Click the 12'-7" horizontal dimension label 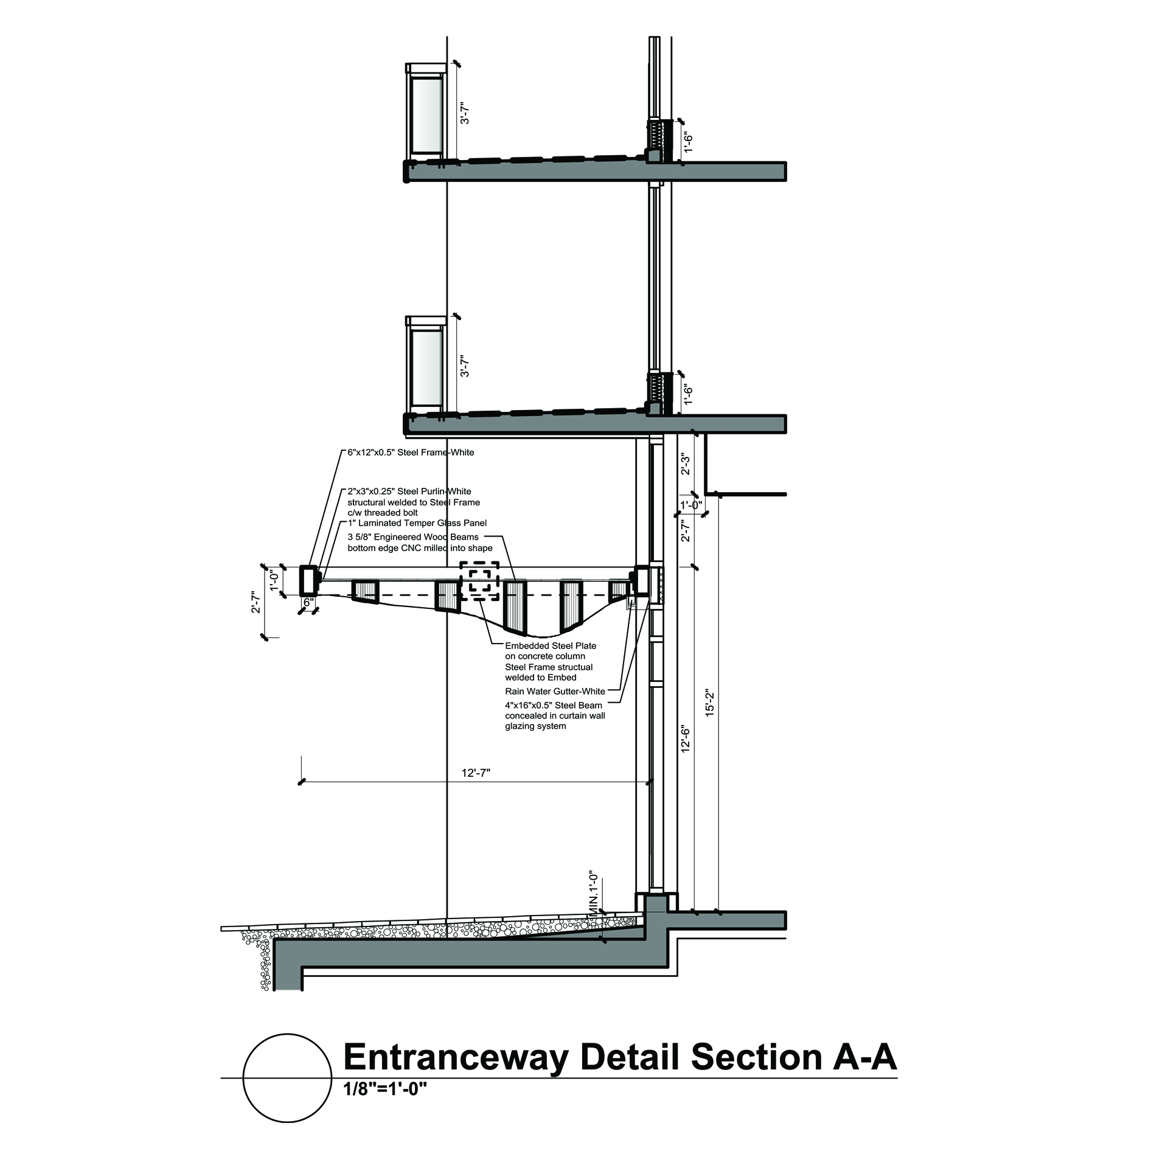476,773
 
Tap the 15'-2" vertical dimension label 708,703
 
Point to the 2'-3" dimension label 685,464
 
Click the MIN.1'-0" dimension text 594,894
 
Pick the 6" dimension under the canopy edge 308,602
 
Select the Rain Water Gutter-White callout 555,691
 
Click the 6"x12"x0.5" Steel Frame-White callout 410,453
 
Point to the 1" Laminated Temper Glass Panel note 417,523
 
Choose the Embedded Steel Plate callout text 551,645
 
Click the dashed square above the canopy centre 479,580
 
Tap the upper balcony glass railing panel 426,114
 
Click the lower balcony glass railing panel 426,368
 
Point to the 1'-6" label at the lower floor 688,394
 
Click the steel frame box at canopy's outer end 309,580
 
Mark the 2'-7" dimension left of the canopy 256,602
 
